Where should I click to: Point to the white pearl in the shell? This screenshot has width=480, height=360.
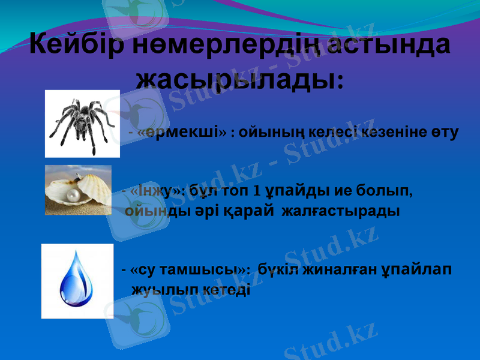74,195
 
